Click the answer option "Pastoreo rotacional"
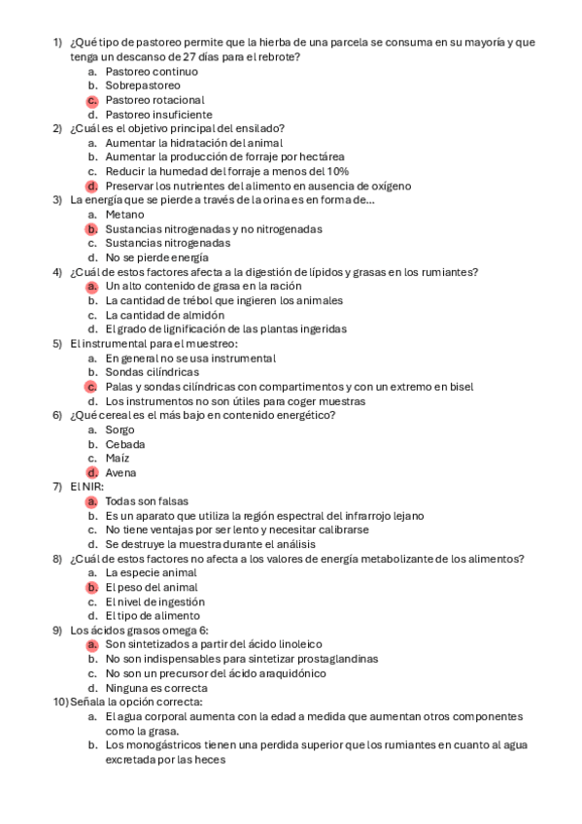154,100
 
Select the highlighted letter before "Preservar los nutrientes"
91,186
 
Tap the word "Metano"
124,215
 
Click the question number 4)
57,272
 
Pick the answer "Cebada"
125,444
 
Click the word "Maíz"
118,459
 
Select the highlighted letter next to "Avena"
91,473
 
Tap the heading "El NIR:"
86,487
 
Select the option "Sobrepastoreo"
143,86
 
